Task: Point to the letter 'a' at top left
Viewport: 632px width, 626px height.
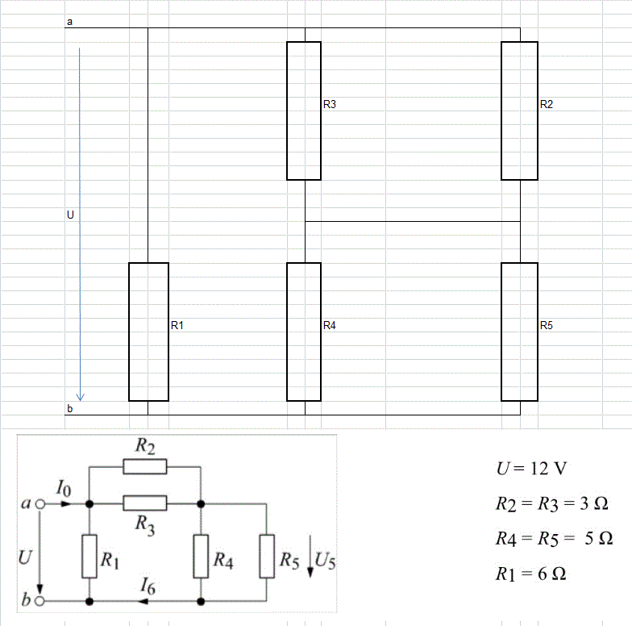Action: click(x=69, y=22)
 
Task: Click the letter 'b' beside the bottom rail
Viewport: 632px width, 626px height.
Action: click(x=69, y=408)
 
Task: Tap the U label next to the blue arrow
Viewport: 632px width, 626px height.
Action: click(x=71, y=215)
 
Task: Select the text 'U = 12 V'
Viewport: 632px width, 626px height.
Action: click(x=532, y=469)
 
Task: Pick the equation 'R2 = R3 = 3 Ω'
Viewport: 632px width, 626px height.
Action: click(x=551, y=503)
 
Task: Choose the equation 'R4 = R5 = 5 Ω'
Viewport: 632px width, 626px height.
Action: click(x=555, y=539)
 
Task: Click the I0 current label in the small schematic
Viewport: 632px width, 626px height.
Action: click(x=64, y=488)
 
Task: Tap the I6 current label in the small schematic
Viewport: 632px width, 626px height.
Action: click(x=148, y=586)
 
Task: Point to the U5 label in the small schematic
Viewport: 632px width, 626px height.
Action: click(x=325, y=561)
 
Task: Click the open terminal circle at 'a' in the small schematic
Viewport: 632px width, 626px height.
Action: click(x=40, y=504)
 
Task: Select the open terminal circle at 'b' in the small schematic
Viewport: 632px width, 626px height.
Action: click(x=40, y=601)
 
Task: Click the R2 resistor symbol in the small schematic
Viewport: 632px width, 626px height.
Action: click(x=145, y=466)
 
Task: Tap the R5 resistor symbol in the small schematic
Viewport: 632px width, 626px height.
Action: click(x=267, y=557)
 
